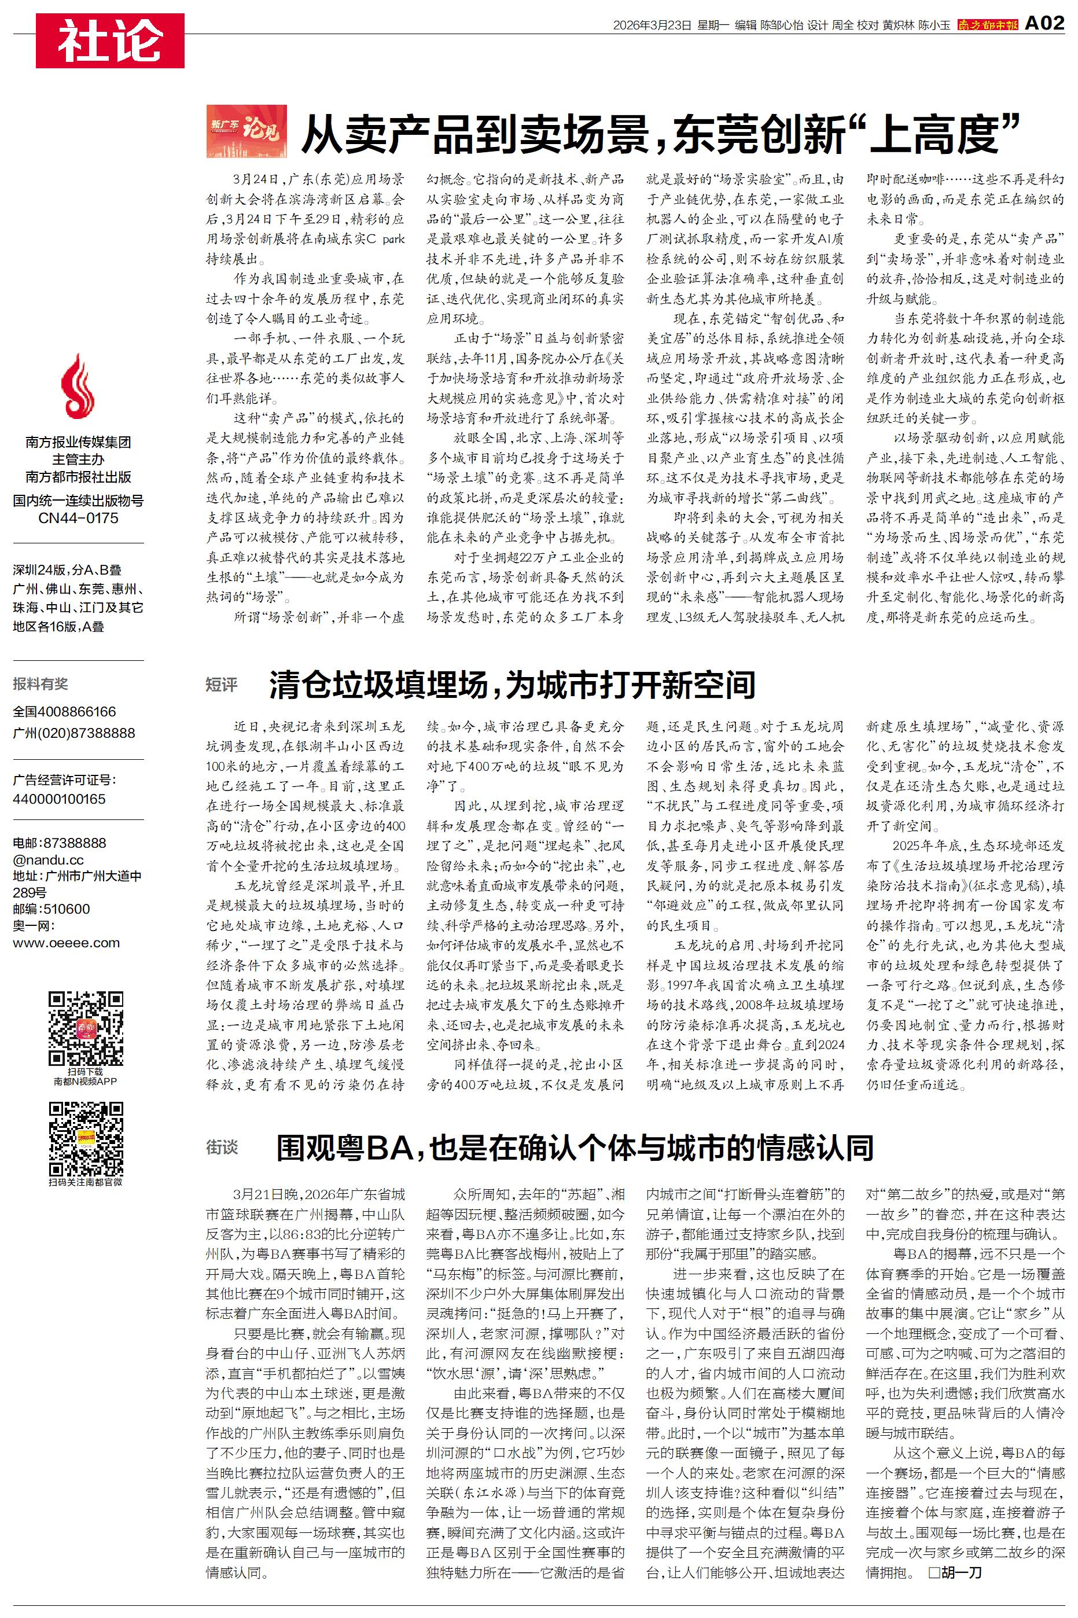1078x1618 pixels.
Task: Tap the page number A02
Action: tap(1044, 24)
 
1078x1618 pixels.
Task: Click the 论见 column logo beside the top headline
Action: tap(246, 131)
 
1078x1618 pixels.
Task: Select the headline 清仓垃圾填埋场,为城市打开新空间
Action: tap(512, 685)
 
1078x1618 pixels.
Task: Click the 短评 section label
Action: tap(222, 685)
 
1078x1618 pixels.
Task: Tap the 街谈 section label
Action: tap(222, 1147)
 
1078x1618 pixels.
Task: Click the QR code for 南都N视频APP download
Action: tap(85, 1028)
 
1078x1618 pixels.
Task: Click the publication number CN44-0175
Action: tap(78, 519)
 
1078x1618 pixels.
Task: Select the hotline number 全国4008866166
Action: tap(65, 711)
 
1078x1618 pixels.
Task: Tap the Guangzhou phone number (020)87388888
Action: tap(73, 733)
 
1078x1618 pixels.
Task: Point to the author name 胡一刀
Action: tap(961, 1571)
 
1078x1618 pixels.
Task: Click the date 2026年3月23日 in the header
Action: tap(651, 25)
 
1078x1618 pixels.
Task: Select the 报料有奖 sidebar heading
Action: tap(41, 684)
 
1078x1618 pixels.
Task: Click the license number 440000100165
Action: tap(59, 799)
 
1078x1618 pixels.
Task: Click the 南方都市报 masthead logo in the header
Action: tap(987, 25)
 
